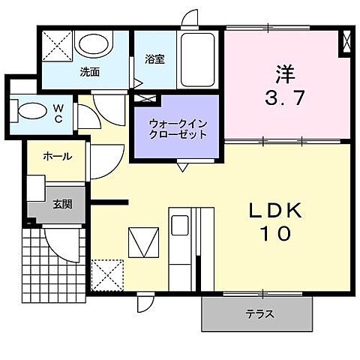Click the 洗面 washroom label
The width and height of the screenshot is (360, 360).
[x=91, y=73]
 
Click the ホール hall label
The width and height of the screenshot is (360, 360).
[x=57, y=157]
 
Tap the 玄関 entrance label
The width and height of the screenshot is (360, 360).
[x=62, y=203]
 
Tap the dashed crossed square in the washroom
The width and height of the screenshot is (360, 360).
[x=56, y=46]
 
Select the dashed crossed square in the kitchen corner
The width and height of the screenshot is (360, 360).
[x=106, y=275]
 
